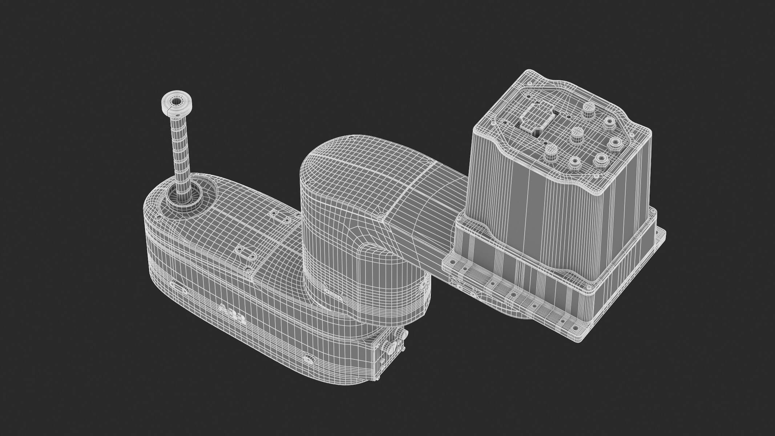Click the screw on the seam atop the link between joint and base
430,161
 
